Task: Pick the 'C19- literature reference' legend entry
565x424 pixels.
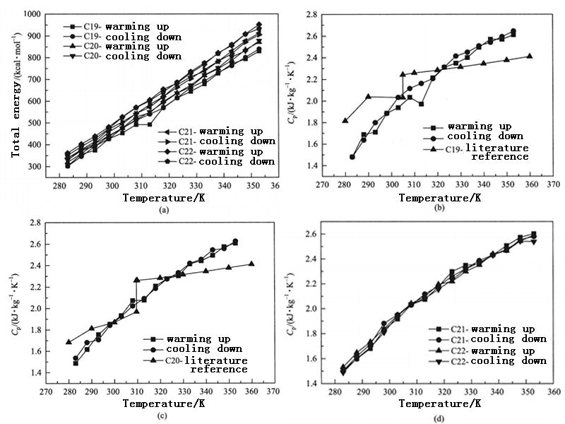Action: [487, 152]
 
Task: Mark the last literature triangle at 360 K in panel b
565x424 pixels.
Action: [530, 56]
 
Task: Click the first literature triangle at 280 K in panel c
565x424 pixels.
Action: [69, 342]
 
